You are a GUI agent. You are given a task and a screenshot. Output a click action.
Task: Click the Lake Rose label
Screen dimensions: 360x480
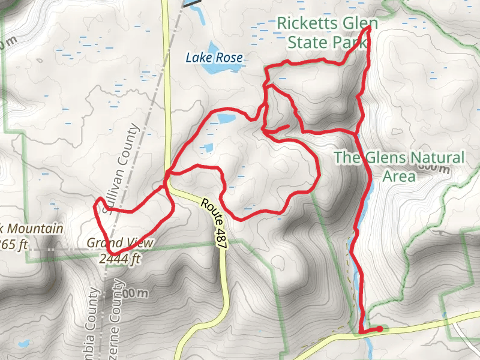pos(214,58)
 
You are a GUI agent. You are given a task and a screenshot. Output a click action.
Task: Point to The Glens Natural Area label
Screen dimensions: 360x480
pos(399,166)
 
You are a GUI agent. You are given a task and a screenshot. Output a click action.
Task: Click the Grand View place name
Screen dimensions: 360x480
pos(120,243)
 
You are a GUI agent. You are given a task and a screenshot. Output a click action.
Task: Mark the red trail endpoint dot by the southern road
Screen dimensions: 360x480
pos(379,329)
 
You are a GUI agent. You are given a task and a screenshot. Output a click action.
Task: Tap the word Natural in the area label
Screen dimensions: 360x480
pos(436,158)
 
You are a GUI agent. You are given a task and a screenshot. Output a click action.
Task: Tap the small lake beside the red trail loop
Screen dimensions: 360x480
pos(226,119)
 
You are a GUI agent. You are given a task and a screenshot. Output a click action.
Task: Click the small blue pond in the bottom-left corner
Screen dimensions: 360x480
pos(23,344)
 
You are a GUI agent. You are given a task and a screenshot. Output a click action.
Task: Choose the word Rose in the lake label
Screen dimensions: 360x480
pos(231,58)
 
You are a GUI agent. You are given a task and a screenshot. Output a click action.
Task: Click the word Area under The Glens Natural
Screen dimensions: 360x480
pos(399,176)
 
